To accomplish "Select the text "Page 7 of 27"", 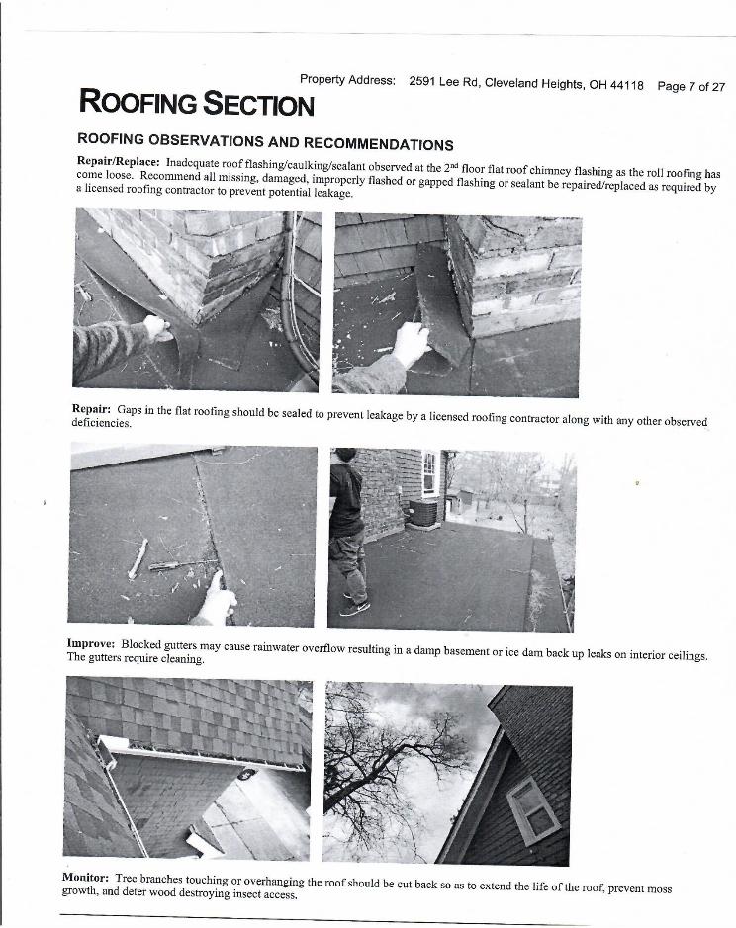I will coord(690,87).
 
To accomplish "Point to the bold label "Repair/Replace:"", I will coord(118,161).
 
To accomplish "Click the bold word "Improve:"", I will coord(91,643).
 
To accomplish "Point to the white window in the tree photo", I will coord(532,808).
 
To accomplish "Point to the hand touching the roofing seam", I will coord(216,596).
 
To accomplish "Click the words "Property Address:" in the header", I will coord(347,80).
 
